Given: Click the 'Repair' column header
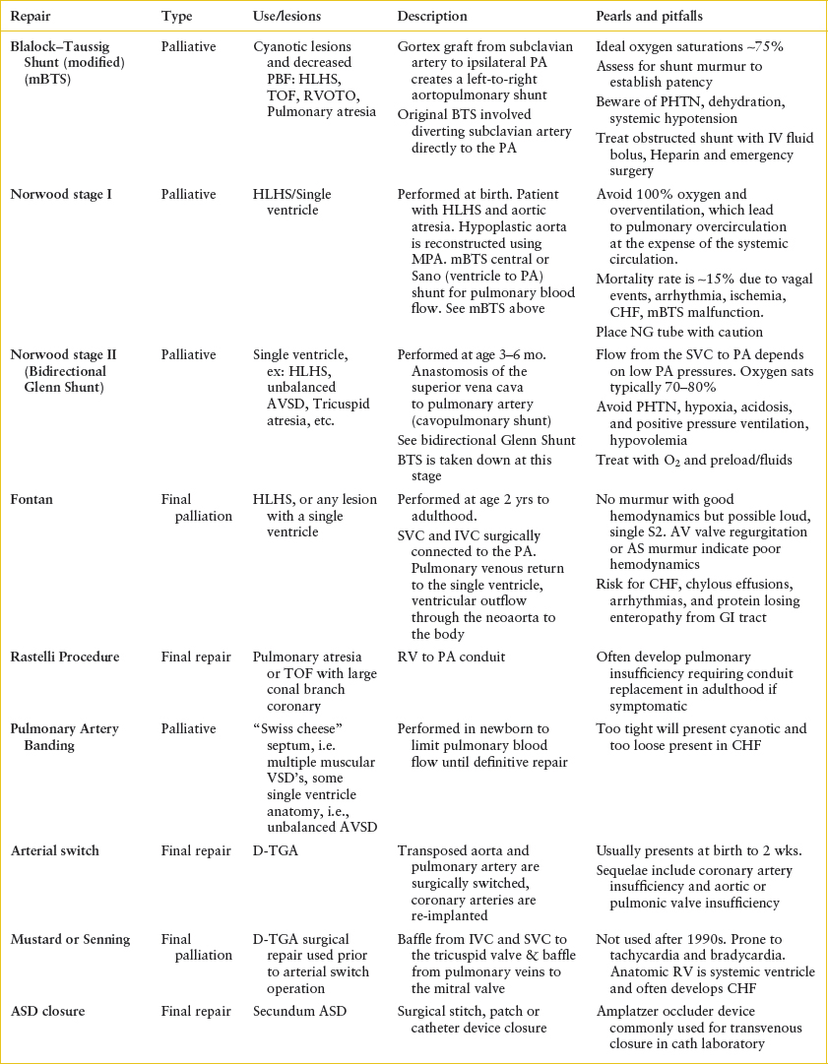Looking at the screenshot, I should pos(30,17).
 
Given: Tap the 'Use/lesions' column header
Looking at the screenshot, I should pos(286,17).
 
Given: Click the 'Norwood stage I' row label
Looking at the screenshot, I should pos(60,195).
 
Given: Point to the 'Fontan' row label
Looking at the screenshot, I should pos(32,500).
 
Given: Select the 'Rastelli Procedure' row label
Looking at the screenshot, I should pos(66,657).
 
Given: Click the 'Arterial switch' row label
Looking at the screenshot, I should pos(55,850).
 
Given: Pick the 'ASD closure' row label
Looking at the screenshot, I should pos(48,1011).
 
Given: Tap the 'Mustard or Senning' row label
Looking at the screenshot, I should pos(70,939).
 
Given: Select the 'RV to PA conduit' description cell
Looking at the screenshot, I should pos(444,657).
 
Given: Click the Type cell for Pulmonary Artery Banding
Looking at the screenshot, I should pos(188,728).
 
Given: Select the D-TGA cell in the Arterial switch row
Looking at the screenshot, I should pos(275,850).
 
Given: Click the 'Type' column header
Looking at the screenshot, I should pos(177,17).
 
